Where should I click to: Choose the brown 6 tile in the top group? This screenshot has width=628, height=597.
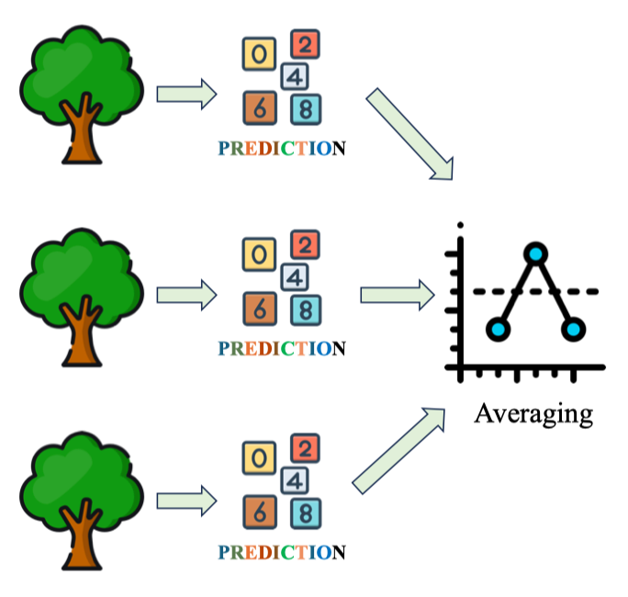[x=260, y=108]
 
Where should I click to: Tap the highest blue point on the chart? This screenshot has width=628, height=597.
[x=536, y=253]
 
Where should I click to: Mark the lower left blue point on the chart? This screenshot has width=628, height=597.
[x=498, y=328]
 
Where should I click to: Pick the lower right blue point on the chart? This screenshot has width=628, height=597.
[x=574, y=328]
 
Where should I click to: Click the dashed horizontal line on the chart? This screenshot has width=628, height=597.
[x=588, y=291]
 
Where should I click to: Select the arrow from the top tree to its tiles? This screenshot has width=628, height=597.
[x=186, y=94]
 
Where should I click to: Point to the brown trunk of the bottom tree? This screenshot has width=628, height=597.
[x=81, y=537]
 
